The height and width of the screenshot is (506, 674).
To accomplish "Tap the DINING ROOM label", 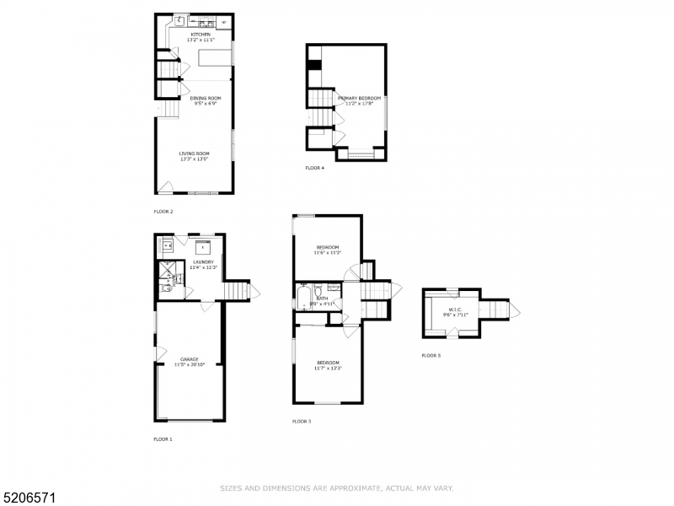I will coord(205,99).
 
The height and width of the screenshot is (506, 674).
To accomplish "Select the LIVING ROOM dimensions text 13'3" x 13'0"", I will coord(193,159).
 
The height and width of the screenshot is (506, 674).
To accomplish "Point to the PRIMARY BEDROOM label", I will coord(361,99).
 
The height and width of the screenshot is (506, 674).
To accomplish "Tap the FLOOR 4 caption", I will coord(314,168).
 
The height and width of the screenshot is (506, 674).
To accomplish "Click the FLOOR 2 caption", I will coord(163,212).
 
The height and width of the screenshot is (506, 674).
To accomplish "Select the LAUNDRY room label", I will coord(203,262).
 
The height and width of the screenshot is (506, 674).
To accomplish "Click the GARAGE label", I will coord(189,359).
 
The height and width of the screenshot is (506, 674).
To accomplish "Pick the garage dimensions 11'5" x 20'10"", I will coord(189,365).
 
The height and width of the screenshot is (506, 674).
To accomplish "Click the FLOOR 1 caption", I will coord(163,439).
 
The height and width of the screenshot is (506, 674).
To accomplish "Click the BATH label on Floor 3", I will coord(322,298).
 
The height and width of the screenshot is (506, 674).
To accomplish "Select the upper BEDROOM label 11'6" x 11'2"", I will coord(327,247).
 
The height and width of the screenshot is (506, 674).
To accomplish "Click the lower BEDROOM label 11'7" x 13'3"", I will coord(327,363).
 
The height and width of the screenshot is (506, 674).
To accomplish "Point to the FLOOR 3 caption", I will coord(302,421).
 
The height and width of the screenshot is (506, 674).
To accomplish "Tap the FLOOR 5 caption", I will coord(431,356).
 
